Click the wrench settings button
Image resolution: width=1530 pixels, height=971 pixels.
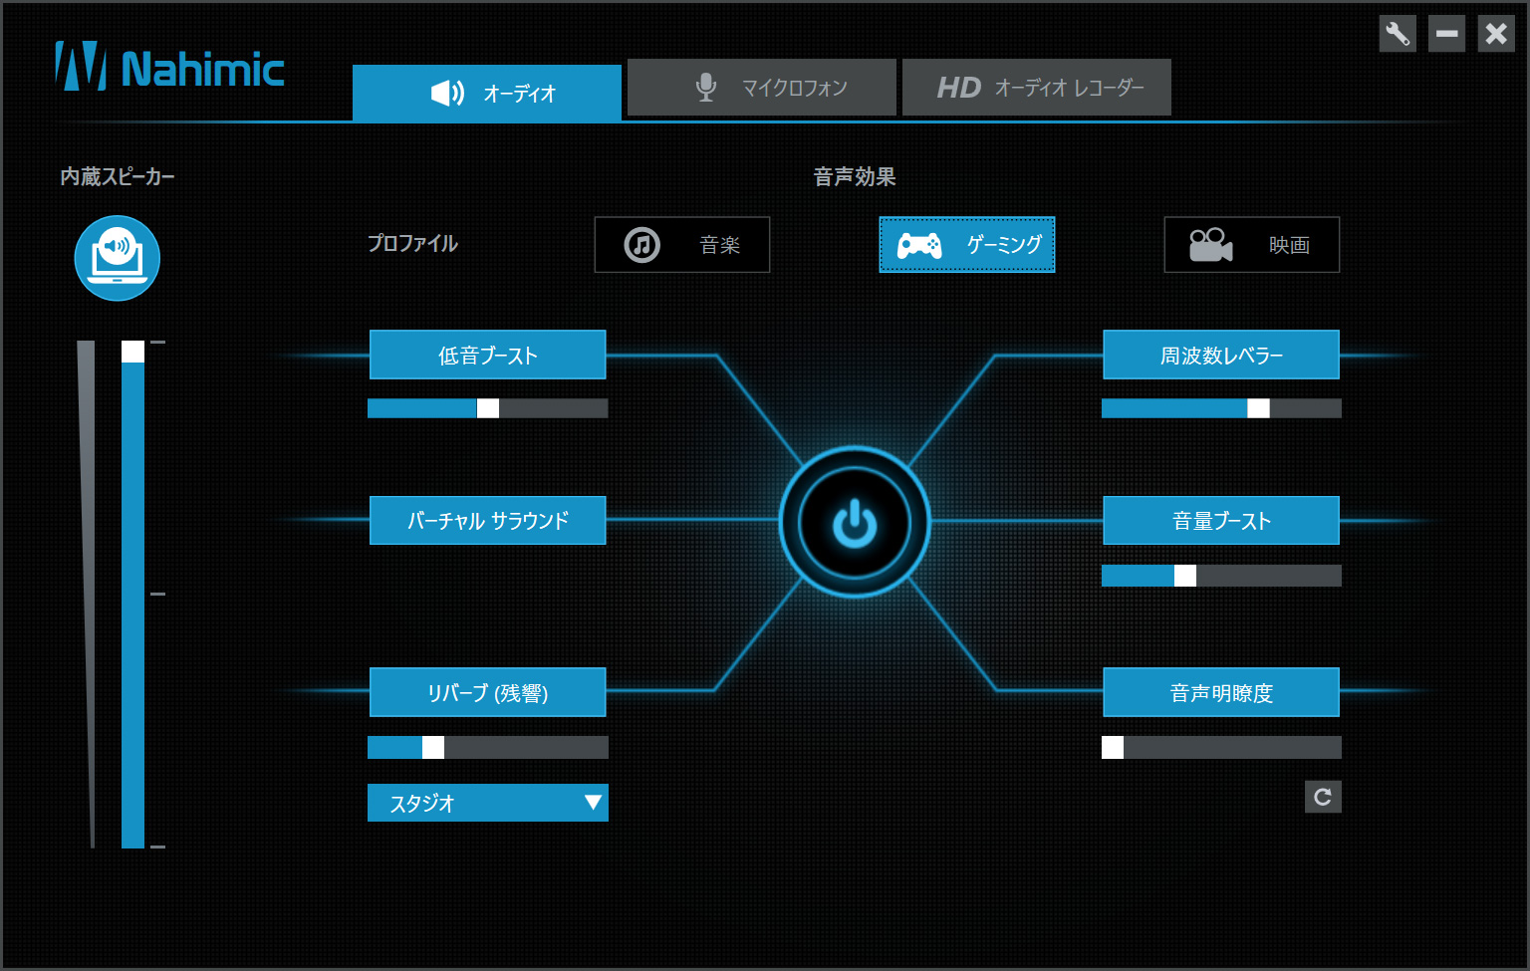[1398, 34]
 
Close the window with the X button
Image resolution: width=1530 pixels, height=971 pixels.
[1496, 34]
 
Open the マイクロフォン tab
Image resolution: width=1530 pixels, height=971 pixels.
[762, 88]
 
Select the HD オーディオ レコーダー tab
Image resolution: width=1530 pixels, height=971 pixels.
[1037, 88]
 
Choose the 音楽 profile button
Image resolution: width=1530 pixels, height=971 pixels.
[682, 244]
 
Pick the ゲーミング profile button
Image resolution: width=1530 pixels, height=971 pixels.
[967, 244]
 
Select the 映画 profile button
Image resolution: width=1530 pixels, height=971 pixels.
[1252, 244]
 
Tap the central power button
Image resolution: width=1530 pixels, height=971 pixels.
[855, 523]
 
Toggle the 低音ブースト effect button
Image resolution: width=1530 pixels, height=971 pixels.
[488, 355]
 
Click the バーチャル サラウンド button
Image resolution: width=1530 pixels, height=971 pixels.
[488, 520]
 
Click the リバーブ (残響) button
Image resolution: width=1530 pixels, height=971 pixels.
[488, 692]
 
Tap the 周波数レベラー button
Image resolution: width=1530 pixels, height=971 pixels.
[1221, 355]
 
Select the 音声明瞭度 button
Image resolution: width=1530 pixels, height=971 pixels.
[1221, 692]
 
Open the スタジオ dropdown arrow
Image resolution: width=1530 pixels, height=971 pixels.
[593, 803]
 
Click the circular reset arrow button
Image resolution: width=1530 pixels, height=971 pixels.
[1323, 797]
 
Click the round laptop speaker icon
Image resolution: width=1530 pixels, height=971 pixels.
[118, 258]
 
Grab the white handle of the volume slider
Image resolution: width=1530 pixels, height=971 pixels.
[133, 352]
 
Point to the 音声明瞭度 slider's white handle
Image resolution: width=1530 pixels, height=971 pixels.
[1113, 748]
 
